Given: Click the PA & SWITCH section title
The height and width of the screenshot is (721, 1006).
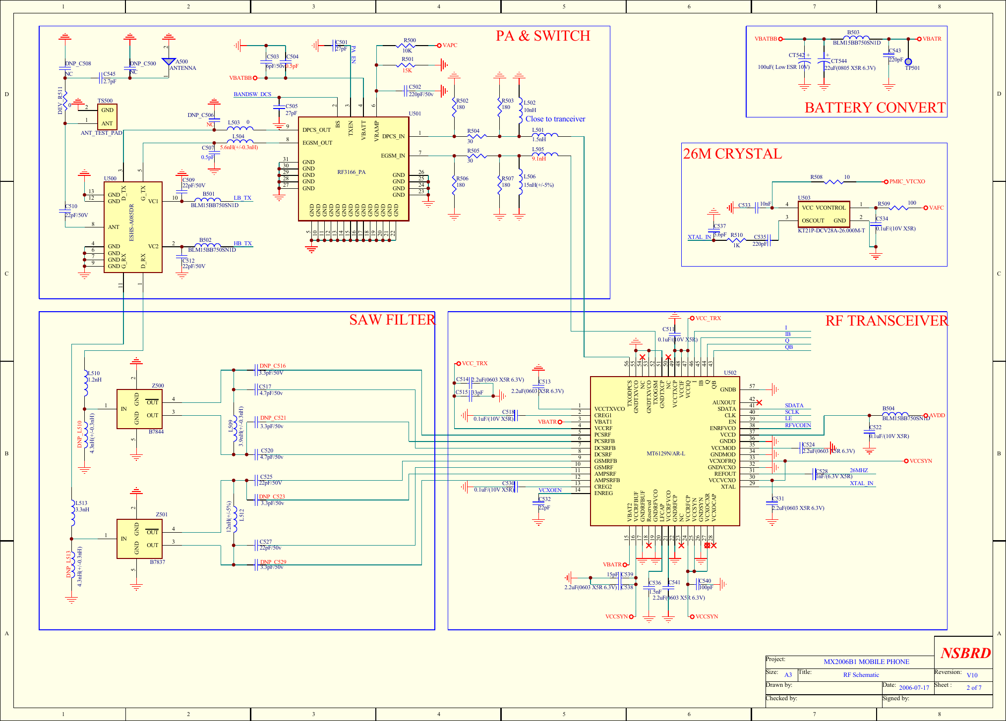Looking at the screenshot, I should click(543, 36).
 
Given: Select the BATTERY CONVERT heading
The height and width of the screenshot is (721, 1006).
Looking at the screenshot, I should click(875, 108).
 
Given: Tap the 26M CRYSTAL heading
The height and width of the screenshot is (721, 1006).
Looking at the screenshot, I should click(732, 154).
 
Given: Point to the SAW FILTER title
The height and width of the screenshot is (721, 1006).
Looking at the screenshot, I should click(392, 320).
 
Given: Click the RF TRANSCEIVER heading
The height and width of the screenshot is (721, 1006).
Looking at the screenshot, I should click(886, 321).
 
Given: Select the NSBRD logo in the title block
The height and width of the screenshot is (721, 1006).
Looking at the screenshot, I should click(965, 653).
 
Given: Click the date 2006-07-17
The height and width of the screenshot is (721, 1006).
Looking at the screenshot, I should click(914, 687).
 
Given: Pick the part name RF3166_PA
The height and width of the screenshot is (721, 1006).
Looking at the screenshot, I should click(351, 172).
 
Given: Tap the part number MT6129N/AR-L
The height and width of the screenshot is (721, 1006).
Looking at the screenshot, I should click(666, 453).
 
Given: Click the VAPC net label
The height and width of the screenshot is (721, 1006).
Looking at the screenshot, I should click(450, 46).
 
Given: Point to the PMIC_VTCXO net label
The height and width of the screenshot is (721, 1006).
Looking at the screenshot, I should click(907, 182).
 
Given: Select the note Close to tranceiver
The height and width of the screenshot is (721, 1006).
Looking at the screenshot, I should click(555, 119).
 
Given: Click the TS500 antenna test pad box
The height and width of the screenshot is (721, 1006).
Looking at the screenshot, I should click(107, 117).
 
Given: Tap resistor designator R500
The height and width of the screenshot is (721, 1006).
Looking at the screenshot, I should click(410, 41).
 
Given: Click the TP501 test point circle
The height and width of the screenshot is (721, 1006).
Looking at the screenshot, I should click(908, 62).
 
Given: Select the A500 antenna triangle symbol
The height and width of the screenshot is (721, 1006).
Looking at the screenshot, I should click(169, 61).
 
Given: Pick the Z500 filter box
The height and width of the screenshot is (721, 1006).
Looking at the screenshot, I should click(139, 409).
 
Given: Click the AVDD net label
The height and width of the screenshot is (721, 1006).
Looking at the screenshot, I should click(937, 416).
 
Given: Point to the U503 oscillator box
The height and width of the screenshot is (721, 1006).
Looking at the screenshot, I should click(824, 214).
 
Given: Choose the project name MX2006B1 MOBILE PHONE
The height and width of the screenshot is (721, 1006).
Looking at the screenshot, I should click(866, 662).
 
